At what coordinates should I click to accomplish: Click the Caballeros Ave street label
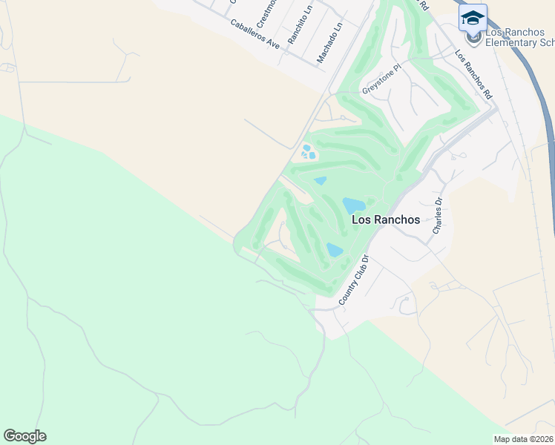pos(254,34)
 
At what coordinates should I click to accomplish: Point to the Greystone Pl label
pos(381,79)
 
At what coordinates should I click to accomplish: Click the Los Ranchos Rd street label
pos(473,75)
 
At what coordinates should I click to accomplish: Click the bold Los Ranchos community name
pos(385,220)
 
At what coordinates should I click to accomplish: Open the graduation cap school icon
pos(473,17)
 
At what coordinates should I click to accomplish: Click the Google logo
pos(24,436)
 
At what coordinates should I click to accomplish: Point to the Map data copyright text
pos(523,439)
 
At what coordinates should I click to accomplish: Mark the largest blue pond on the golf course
pos(353,205)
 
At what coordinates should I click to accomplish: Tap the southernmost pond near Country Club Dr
pos(335,250)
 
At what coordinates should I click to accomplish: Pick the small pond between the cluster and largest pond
pos(321,180)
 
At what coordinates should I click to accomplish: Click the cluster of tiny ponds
pos(308,152)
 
